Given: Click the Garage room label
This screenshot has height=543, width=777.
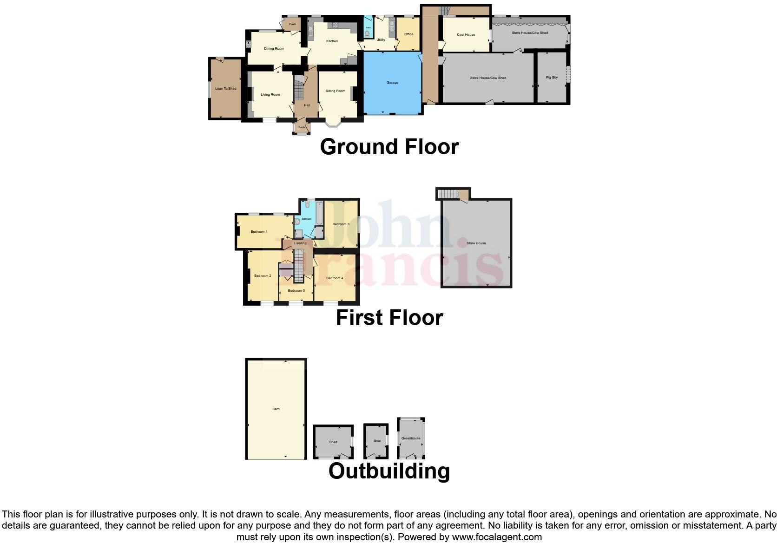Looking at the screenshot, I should click(392, 83).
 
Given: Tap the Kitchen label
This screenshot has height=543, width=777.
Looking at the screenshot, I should click(332, 41).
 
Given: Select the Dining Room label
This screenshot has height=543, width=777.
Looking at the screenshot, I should click(274, 49).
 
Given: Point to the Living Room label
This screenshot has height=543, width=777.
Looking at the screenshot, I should click(270, 95).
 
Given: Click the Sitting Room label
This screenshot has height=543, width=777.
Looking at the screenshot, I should click(335, 91).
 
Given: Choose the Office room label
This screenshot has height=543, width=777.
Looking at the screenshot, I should click(408, 34).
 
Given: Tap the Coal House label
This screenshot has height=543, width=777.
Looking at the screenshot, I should click(466, 35).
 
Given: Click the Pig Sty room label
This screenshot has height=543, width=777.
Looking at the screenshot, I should click(552, 78).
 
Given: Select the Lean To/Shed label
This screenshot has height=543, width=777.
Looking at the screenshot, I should click(225, 89).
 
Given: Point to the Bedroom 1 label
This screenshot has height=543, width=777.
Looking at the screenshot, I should click(259, 232).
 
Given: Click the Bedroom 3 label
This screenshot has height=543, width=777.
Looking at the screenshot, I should click(341, 224).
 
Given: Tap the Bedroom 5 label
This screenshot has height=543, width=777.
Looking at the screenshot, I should click(296, 291).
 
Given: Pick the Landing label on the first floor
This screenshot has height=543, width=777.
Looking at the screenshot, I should click(300, 243).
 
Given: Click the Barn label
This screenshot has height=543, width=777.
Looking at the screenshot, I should click(276, 409).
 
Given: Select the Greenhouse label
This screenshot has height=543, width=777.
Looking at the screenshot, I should click(411, 438).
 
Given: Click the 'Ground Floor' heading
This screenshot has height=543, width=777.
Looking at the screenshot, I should click(389, 147).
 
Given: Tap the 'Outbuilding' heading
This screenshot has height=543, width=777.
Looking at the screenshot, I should click(389, 471).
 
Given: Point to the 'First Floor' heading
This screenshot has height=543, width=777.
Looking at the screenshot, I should click(389, 318).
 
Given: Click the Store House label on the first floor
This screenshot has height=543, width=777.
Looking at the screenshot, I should click(476, 243).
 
